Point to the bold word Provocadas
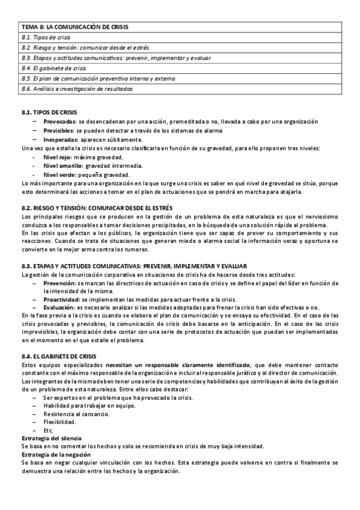point(59,121)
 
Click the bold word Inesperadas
point(59,139)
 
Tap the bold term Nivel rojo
point(58,156)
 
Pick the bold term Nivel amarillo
point(63,165)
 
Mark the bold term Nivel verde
point(59,174)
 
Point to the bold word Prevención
point(59,283)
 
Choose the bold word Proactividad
point(61,300)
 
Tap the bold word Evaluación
point(59,308)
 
